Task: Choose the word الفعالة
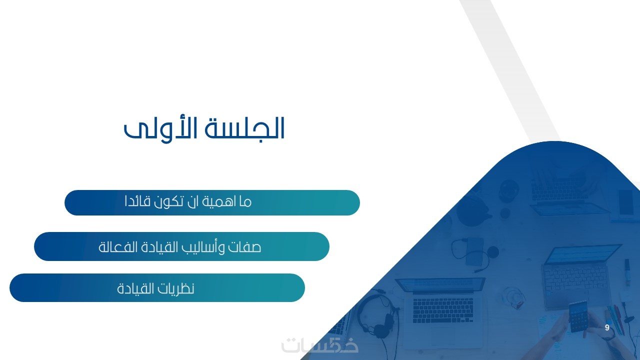(112, 246)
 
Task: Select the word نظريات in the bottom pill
(177, 288)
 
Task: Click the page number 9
(607, 327)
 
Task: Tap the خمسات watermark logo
(320, 345)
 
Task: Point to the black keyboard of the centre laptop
(443, 310)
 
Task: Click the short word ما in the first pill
(245, 202)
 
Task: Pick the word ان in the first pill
(194, 201)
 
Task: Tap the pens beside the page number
(617, 318)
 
